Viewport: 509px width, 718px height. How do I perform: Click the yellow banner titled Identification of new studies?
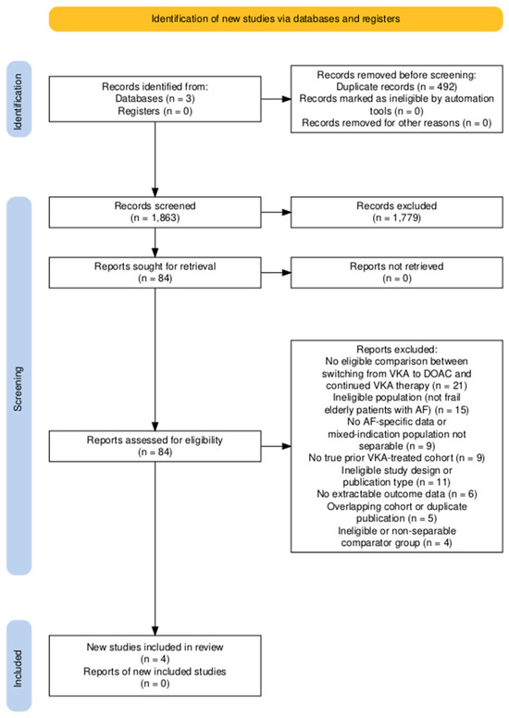[x=276, y=19]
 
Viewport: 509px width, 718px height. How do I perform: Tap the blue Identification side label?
[x=19, y=99]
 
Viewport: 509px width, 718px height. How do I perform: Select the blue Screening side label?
[x=19, y=386]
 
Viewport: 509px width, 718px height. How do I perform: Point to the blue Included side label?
[x=19, y=665]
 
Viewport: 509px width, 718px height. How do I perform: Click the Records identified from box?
[x=155, y=99]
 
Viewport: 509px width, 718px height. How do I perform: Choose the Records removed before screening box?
[x=397, y=99]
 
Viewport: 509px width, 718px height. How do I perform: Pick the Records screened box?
[x=155, y=212]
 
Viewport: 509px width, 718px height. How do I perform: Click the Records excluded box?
[x=397, y=212]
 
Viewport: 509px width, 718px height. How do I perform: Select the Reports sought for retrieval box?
[x=155, y=272]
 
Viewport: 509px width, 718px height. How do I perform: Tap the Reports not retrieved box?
[x=397, y=272]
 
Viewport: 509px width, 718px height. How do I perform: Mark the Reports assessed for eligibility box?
[x=155, y=446]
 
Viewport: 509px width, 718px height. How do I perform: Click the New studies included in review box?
[x=155, y=665]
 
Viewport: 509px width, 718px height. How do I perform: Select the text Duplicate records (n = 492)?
[x=397, y=87]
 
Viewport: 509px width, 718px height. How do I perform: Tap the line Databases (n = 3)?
[x=155, y=98]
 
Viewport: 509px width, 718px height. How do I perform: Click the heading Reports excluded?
[x=397, y=350]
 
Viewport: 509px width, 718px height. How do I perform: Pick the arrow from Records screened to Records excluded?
[x=276, y=212]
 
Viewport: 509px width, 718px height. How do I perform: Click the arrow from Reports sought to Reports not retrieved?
[x=276, y=272]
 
